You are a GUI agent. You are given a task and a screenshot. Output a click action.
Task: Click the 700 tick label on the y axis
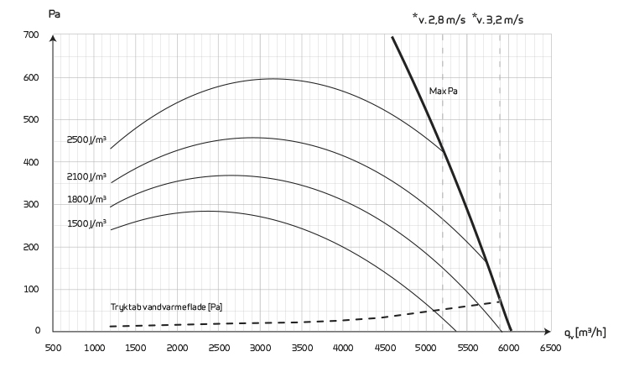pyautogui.click(x=31, y=35)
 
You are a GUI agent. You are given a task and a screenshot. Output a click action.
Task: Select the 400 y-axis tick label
pyautogui.click(x=31, y=163)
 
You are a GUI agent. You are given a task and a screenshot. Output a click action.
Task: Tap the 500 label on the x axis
pyautogui.click(x=52, y=346)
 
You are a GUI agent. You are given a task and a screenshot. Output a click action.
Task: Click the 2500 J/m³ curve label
pyautogui.click(x=87, y=140)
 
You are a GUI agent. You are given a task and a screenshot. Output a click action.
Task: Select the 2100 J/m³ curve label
pyautogui.click(x=87, y=177)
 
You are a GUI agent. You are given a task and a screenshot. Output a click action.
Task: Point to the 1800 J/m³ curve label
pyautogui.click(x=87, y=201)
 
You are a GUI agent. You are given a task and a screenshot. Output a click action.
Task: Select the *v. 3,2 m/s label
pyautogui.click(x=503, y=17)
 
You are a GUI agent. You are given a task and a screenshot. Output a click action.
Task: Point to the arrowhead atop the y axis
pyautogui.click(x=53, y=39)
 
